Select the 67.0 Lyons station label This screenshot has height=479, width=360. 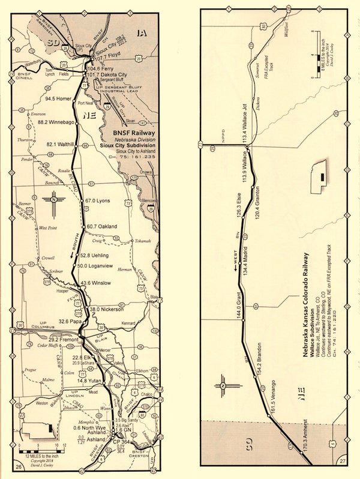99,200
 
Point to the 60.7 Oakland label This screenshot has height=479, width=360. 101,226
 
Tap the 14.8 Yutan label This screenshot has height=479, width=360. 90,381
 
